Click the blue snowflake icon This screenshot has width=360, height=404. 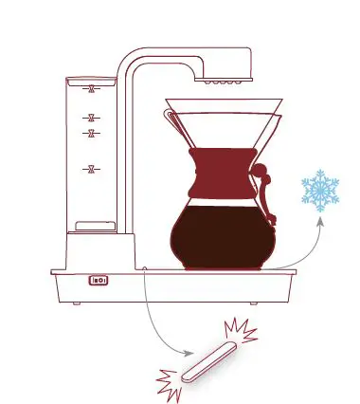point(320,191)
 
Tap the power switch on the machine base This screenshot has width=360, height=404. point(99,280)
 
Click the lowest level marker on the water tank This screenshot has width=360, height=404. point(91,170)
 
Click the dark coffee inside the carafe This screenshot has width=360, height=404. point(224,237)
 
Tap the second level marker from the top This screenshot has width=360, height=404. point(91,117)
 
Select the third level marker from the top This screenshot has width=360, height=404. point(91,134)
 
